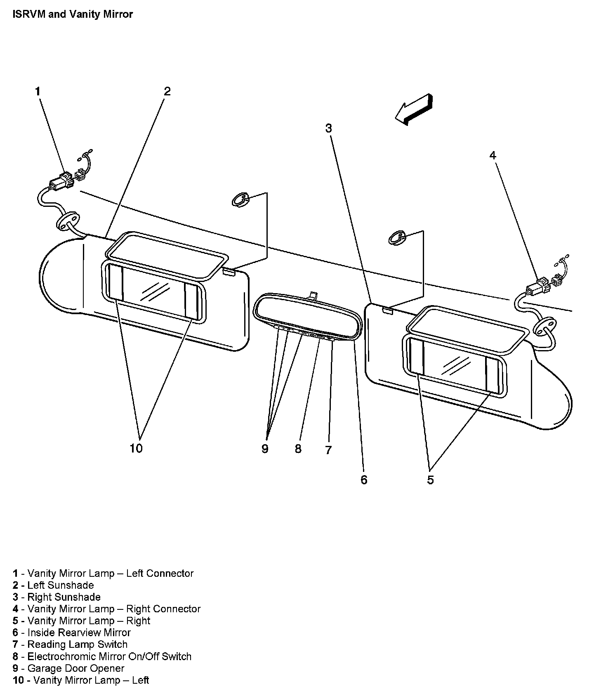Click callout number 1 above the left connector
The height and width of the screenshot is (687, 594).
pos(38,92)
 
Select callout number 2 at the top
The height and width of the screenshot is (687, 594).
pos(167,91)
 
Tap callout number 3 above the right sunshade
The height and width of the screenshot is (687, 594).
pos(328,128)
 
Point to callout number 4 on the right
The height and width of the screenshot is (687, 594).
pos(493,156)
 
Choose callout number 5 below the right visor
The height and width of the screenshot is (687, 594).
pos(430,480)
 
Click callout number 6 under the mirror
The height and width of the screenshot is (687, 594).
pos(364,480)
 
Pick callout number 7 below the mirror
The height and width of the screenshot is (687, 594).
pos(328,450)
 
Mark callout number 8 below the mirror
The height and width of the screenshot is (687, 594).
pos(298,449)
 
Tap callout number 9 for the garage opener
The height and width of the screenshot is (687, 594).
pos(265,449)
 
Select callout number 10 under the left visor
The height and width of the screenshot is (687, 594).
pos(136,448)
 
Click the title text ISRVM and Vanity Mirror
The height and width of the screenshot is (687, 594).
pos(73,14)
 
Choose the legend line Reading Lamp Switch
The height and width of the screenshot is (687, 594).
pos(70,644)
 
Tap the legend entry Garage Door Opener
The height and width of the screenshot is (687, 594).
pos(68,668)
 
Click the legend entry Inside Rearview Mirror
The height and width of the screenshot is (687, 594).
pos(72,633)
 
